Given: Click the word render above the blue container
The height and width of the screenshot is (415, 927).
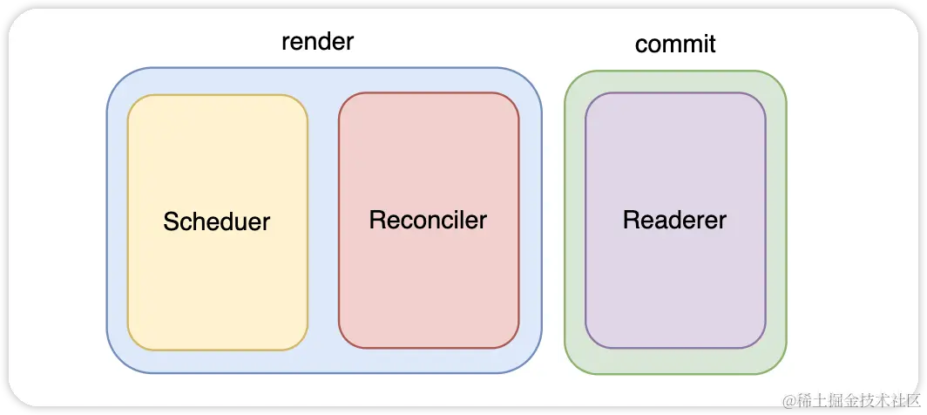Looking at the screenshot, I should tap(317, 42).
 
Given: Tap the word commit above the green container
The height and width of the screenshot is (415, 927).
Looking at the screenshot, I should tap(675, 44).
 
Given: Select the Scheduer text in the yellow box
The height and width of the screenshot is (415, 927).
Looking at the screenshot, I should tap(216, 221).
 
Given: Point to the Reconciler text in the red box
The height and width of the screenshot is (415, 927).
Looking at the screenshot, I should tap(428, 220).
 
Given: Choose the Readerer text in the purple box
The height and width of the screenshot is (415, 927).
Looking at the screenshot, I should tap(674, 220).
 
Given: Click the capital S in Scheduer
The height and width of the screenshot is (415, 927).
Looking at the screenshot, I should tap(171, 221).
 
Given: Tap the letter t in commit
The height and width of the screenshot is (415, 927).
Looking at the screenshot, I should tap(712, 44).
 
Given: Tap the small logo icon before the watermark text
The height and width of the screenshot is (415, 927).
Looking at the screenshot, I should tap(789, 400).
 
